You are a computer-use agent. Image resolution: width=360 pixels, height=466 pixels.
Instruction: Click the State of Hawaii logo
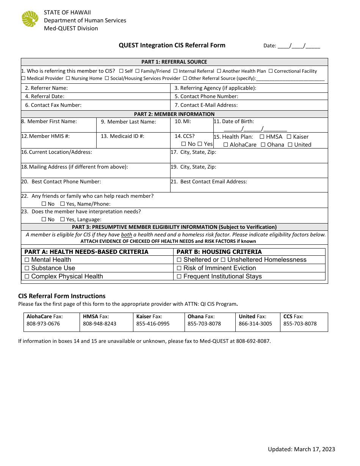click(30, 19)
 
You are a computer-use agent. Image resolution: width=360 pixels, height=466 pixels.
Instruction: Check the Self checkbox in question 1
click(121, 71)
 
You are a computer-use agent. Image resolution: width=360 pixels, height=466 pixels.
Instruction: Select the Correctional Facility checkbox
click(271, 71)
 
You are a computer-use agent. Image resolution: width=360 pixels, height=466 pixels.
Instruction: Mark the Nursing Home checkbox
click(68, 78)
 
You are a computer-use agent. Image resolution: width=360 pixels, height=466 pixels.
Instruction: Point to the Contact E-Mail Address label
click(206, 105)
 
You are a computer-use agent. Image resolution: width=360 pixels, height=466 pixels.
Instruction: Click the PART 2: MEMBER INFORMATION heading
click(174, 114)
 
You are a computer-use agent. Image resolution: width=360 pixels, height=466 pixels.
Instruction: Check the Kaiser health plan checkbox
click(289, 137)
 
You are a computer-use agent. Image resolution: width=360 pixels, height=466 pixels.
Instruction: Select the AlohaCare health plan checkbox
click(226, 145)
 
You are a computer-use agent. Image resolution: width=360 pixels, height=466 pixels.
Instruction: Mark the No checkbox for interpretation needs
click(44, 219)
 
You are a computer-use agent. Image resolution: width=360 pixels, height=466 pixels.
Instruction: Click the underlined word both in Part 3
click(126, 235)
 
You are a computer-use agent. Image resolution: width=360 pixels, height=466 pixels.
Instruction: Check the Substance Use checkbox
click(27, 268)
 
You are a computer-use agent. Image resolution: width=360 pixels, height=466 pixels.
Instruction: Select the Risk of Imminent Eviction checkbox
click(179, 268)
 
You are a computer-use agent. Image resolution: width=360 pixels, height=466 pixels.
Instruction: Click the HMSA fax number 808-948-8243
click(99, 324)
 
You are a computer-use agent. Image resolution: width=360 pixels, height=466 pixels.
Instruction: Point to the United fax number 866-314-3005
click(255, 324)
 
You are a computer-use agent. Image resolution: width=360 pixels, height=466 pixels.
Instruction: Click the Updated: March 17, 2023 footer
click(301, 449)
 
